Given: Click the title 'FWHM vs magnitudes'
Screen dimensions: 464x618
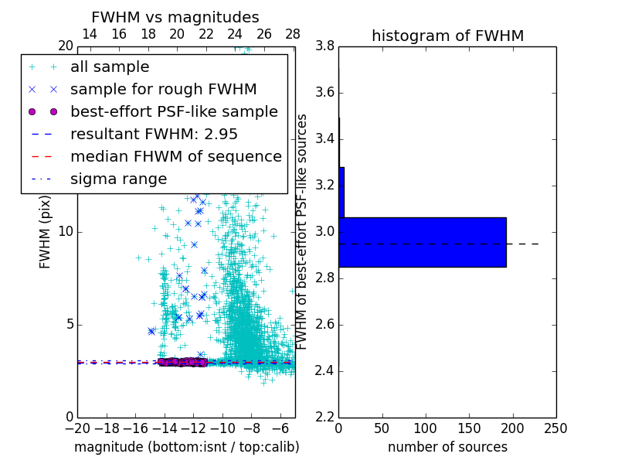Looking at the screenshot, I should pos(175,17).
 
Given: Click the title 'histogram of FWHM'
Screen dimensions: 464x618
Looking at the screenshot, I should pos(447,36).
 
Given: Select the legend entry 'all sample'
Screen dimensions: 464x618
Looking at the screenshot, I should pos(110,67).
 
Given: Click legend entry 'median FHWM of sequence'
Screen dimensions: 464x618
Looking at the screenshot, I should pos(176,156).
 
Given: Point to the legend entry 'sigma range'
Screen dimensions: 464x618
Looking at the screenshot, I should pos(118,179).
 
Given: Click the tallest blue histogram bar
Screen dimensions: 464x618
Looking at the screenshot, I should pos(422,242).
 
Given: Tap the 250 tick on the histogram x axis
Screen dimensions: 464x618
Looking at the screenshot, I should pos(556,428).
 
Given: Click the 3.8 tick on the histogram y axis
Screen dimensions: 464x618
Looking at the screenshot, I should pos(325,46).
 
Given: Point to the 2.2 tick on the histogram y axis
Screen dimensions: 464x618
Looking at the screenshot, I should pos(325,418).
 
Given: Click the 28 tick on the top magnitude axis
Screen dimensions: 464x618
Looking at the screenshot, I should pos(293,34).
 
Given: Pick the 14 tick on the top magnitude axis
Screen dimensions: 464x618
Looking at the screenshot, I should pos(90,34).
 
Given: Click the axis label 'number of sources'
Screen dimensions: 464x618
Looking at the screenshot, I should pos(447,447).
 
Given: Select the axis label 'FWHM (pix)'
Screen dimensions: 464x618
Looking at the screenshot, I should pos(46,232).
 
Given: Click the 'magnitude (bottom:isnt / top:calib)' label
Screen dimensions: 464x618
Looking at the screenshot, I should pos(186,447).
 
